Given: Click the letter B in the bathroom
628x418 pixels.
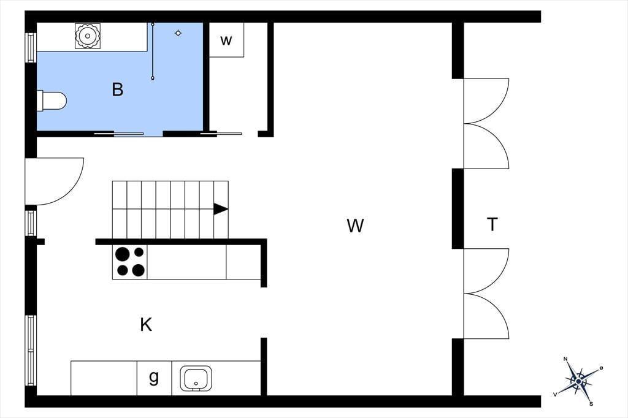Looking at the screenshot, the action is pyautogui.click(x=117, y=89).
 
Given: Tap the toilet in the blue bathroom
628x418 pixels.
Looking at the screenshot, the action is pyautogui.click(x=52, y=101).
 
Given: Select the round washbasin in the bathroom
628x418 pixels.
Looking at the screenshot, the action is pyautogui.click(x=87, y=36).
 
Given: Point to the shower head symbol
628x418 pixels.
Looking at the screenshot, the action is pyautogui.click(x=178, y=33).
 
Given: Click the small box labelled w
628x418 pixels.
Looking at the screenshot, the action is pyautogui.click(x=226, y=40).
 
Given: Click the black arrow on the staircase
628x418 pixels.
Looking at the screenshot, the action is pyautogui.click(x=221, y=209).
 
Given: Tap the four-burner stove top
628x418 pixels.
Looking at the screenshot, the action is pyautogui.click(x=130, y=262).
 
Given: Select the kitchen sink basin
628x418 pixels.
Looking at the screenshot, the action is pyautogui.click(x=196, y=378).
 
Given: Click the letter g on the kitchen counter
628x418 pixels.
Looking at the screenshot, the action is pyautogui.click(x=154, y=377).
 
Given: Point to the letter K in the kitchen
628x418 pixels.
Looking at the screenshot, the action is pyautogui.click(x=146, y=325).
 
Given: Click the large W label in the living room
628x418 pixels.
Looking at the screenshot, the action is pyautogui.click(x=355, y=226).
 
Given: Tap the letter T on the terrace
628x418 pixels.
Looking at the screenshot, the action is pyautogui.click(x=492, y=224).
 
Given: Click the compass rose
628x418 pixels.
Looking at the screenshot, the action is pyautogui.click(x=578, y=381).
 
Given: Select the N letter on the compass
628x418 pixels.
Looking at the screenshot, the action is pyautogui.click(x=565, y=359).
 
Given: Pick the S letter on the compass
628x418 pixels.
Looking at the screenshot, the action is pyautogui.click(x=591, y=404).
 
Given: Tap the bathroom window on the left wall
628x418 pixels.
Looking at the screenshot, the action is pyautogui.click(x=31, y=48).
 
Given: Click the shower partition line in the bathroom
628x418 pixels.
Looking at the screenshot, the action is pyautogui.click(x=153, y=51).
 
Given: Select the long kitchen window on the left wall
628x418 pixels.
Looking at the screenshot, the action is pyautogui.click(x=31, y=351).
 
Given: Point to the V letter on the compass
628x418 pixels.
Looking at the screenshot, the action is pyautogui.click(x=555, y=394).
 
